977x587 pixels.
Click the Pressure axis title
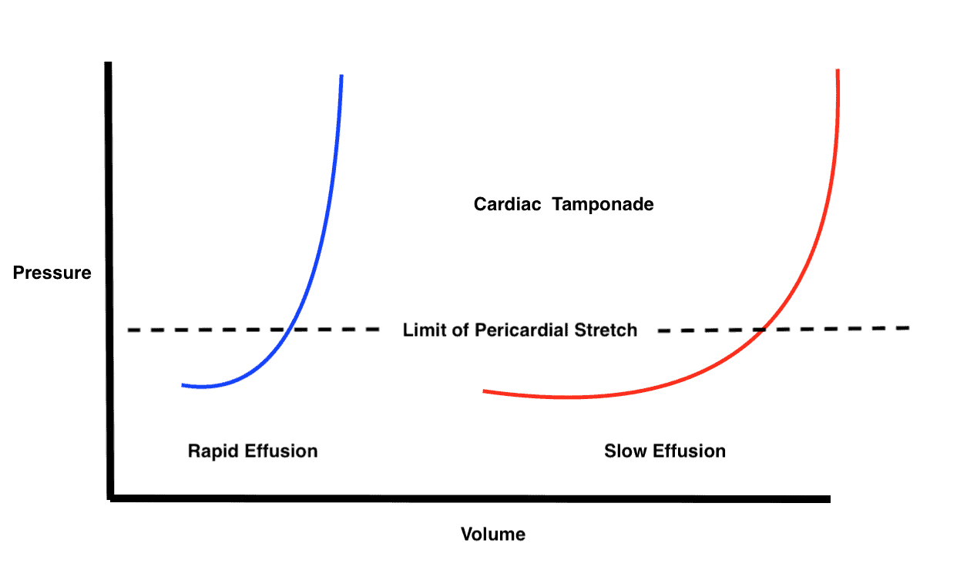(52, 273)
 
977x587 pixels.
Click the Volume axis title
(493, 534)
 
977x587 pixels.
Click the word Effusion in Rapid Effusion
(280, 451)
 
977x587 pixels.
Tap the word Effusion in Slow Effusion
(688, 451)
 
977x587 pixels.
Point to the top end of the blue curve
(341, 76)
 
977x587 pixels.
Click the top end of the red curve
(837, 70)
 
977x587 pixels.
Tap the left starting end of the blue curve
(183, 384)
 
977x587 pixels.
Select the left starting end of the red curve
(485, 391)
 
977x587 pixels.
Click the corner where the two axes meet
(111, 498)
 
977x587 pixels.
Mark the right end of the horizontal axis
(828, 499)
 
